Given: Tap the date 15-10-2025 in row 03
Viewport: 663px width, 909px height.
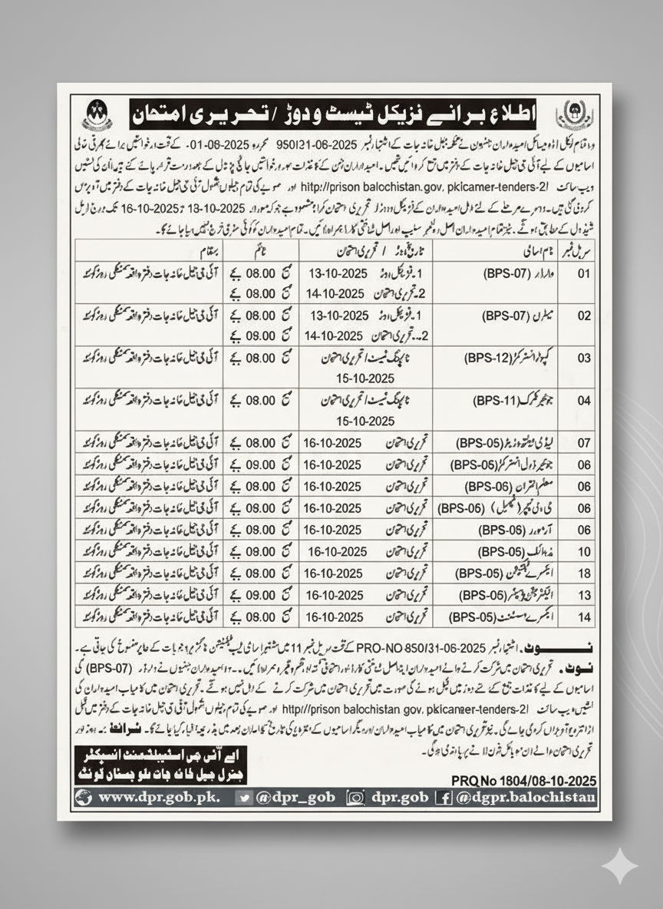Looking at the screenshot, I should pos(364,378).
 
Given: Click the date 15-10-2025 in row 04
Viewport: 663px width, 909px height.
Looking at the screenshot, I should pos(364,421).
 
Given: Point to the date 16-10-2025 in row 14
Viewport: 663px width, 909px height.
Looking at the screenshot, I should pos(334,616).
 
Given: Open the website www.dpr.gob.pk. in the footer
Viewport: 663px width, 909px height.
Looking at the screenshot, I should pos(158,797).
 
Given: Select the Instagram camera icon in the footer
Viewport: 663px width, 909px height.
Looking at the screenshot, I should pos(355,798).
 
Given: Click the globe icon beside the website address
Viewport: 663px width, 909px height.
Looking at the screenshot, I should pos(84,798).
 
